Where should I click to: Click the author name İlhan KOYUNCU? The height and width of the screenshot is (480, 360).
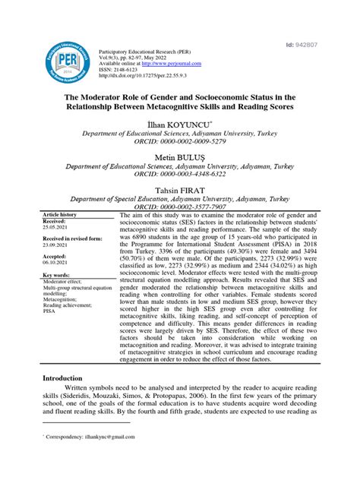(x=179, y=121)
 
